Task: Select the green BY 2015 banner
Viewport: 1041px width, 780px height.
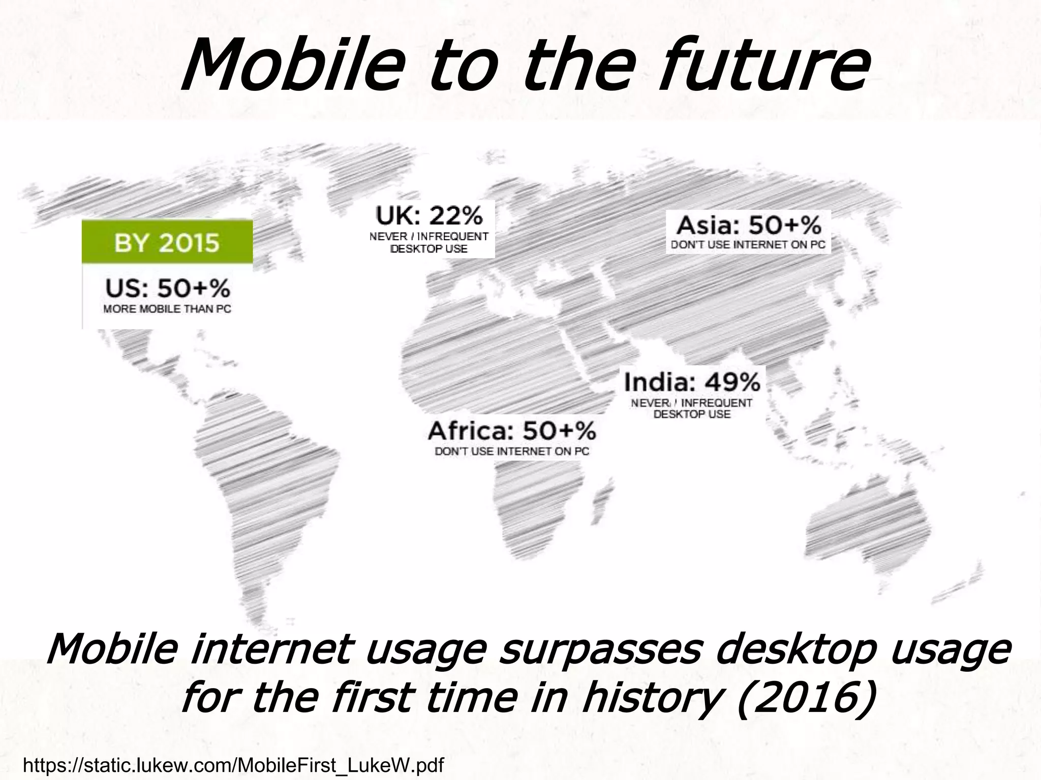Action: (167, 242)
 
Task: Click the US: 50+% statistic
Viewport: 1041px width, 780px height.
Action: (167, 289)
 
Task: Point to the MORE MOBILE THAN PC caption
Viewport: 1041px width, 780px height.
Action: (167, 309)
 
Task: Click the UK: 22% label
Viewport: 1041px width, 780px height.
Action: (428, 216)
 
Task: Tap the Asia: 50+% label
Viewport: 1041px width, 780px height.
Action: (748, 224)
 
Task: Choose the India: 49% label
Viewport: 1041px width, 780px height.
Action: (692, 382)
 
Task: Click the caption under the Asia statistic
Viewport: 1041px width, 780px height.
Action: (748, 245)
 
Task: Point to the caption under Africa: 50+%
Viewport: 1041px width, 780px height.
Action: (511, 451)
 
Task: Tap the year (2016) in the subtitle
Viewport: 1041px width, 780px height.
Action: (806, 698)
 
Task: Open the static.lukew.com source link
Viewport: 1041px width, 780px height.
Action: (233, 765)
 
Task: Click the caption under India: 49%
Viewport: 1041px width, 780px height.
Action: (692, 408)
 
